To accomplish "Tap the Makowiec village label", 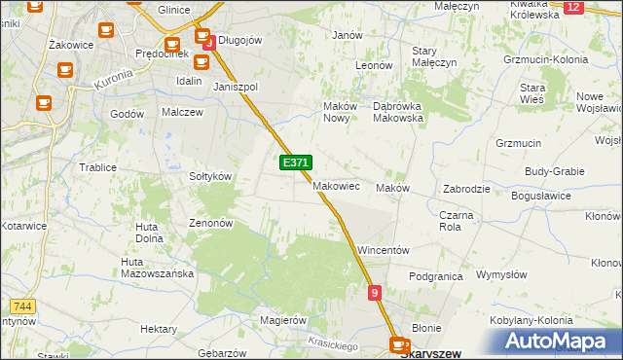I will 337,185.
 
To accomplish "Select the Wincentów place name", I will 383,250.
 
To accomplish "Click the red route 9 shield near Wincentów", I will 375,292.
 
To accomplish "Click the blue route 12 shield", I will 572,7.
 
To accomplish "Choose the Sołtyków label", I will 209,176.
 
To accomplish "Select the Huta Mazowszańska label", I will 157,268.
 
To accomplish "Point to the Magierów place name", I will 283,319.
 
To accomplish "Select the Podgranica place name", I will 435,276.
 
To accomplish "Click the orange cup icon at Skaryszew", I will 399,344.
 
